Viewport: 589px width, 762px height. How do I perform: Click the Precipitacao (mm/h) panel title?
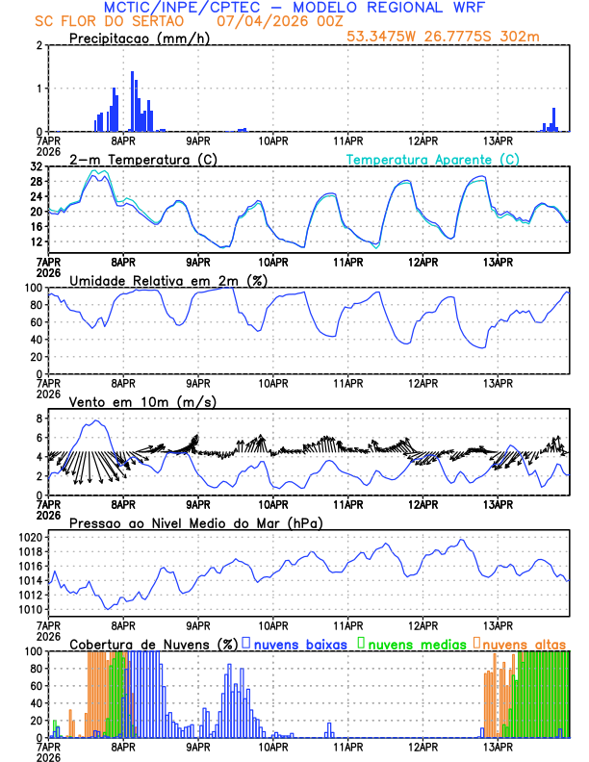pyautogui.click(x=139, y=38)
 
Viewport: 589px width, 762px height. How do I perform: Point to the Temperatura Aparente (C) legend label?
pyautogui.click(x=433, y=159)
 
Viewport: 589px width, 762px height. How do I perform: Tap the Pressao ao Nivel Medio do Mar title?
pyautogui.click(x=195, y=522)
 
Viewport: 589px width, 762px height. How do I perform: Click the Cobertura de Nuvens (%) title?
pyautogui.click(x=153, y=643)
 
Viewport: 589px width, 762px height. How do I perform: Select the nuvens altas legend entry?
pyautogui.click(x=521, y=643)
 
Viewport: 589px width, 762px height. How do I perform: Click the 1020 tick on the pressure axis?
pyautogui.click(x=30, y=537)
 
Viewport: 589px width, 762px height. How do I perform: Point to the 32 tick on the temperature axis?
pyautogui.click(x=37, y=166)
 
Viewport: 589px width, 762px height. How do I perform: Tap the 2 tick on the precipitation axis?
pyautogui.click(x=39, y=45)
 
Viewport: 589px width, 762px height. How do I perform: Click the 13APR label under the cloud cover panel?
pyautogui.click(x=498, y=746)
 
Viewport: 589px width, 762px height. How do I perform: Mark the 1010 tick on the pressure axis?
pyautogui.click(x=30, y=610)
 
